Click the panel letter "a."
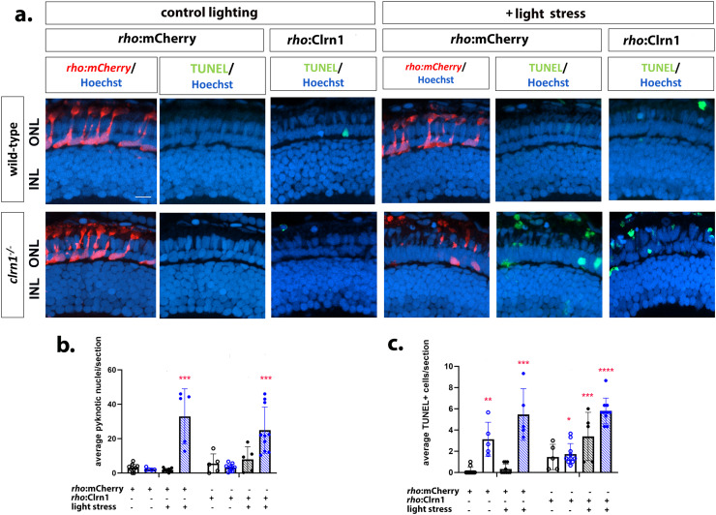click(14, 14)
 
